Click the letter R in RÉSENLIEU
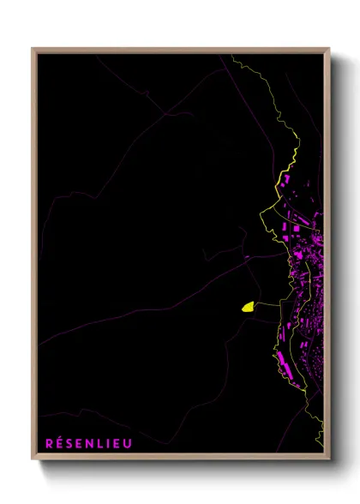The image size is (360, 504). click(x=48, y=442)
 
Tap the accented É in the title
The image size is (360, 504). click(x=58, y=442)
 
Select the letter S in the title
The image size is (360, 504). click(x=69, y=442)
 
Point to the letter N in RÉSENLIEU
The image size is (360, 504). click(x=88, y=442)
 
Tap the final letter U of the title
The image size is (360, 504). click(x=123, y=442)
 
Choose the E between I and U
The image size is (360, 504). click(x=113, y=442)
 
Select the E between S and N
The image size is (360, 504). click(x=78, y=442)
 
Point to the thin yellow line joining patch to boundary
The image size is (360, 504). click(x=266, y=303)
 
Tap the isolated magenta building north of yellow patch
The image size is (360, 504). click(x=247, y=256)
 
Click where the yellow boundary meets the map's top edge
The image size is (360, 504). click(x=231, y=56)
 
